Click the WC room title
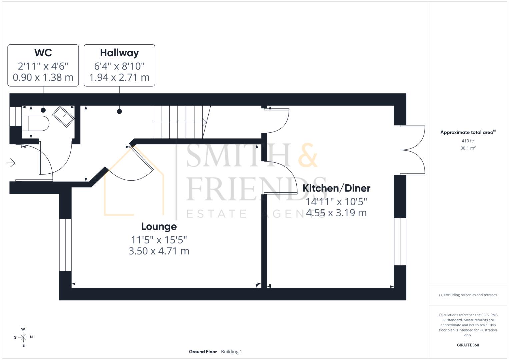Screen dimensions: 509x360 tap(43, 53)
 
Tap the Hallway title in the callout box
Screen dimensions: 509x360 tap(119, 53)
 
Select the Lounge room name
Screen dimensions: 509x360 tap(159, 227)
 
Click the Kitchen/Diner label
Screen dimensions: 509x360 tap(336, 188)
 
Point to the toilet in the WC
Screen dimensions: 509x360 tap(35, 123)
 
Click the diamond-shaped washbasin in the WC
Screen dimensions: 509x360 tap(63, 116)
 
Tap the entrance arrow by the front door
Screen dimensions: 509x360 tap(11, 163)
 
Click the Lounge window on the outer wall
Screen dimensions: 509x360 tap(65, 245)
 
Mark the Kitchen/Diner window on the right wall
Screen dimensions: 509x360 tap(400, 242)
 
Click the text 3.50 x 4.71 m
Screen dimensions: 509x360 tap(159, 251)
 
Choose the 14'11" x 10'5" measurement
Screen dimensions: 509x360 tap(336, 202)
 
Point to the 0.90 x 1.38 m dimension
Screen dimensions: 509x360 tap(43, 77)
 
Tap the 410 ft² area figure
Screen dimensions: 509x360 tap(468, 141)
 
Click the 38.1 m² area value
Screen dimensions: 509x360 tap(468, 148)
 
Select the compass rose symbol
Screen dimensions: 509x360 tap(23, 337)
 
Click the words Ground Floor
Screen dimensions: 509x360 tap(203, 352)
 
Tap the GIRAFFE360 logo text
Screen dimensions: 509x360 tap(468, 345)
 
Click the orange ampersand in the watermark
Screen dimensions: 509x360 tap(308, 155)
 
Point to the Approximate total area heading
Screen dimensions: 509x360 tap(468, 132)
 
